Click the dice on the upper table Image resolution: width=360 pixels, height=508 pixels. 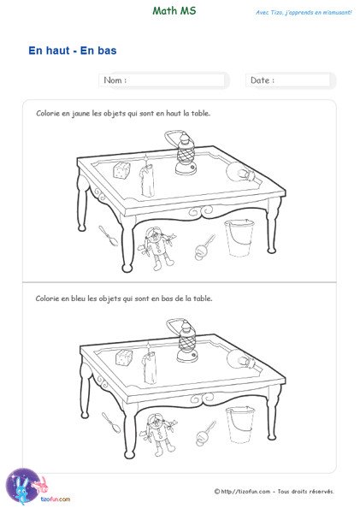121,170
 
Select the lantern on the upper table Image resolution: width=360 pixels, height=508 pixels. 183,152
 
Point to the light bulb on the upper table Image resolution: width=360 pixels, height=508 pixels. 241,172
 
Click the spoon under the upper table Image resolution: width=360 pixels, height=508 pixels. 109,236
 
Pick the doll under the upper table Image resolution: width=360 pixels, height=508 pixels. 156,248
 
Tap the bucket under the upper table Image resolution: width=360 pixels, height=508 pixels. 239,238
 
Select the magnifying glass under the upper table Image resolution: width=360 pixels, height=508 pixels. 204,248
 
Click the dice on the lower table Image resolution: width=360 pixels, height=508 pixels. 124,357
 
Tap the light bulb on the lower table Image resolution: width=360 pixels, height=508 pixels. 241,359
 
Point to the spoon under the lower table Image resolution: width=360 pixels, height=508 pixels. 111,422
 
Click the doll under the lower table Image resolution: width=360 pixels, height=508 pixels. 158,434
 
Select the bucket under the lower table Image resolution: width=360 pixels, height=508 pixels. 240,424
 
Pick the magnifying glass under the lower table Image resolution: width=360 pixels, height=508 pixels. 206,434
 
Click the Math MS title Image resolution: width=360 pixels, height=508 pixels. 174,11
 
